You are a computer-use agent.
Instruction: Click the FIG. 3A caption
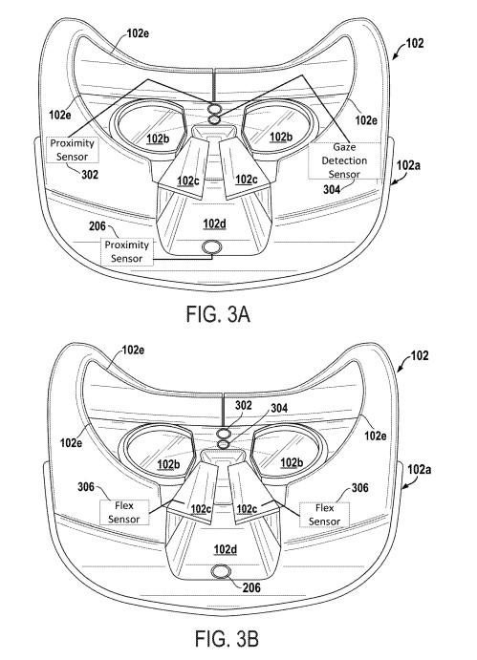click(218, 314)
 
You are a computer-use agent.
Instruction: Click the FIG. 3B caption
click(227, 638)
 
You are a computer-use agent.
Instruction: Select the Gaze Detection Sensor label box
click(344, 160)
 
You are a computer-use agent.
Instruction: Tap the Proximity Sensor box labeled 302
click(72, 149)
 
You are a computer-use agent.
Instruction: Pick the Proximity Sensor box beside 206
click(127, 252)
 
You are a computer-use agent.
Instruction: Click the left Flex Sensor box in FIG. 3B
click(124, 512)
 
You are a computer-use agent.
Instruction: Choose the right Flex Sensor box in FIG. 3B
click(324, 515)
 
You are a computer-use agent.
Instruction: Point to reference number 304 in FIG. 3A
click(332, 189)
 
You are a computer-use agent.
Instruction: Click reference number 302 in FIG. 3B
click(244, 405)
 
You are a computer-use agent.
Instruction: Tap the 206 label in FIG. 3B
click(251, 587)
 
